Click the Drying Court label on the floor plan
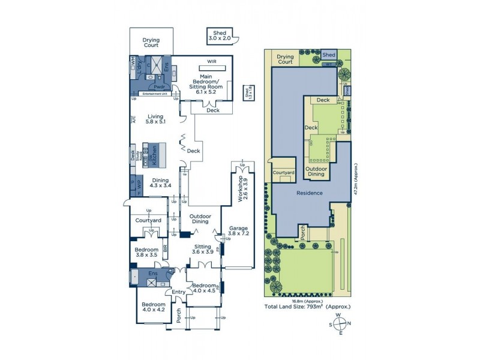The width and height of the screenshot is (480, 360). tap(151, 43)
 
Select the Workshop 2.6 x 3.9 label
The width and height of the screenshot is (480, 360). tap(245, 189)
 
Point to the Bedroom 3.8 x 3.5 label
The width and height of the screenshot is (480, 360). tap(146, 252)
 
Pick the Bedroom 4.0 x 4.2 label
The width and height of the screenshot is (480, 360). tap(153, 307)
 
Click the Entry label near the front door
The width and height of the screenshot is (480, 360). tap(179, 292)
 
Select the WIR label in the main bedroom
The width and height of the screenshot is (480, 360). tap(211, 62)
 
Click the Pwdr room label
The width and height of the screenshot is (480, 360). tap(158, 87)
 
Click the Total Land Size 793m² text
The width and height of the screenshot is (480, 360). tap(308, 307)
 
